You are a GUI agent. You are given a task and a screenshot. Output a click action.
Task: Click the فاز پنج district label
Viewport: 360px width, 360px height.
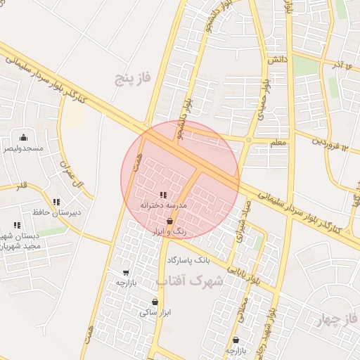click(134, 77)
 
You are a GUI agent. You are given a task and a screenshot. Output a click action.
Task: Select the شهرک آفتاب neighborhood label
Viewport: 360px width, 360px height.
click(188, 282)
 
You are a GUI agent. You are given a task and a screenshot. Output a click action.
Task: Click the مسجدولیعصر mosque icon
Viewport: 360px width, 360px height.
click(24, 138)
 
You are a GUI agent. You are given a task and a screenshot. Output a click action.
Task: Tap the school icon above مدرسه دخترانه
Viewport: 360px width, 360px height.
click(162, 194)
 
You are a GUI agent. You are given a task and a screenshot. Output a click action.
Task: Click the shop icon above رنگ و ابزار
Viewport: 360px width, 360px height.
click(169, 221)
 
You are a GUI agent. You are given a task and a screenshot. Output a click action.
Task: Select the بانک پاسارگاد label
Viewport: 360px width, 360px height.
click(188, 260)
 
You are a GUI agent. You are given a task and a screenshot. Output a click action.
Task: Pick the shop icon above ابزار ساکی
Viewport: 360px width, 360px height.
click(154, 302)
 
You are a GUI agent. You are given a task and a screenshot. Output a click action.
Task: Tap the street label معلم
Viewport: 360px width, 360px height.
click(278, 142)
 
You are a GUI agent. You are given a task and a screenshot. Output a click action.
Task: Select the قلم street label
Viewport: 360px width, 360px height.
click(21, 186)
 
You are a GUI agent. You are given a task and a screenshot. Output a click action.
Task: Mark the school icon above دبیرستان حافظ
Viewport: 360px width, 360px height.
click(56, 202)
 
